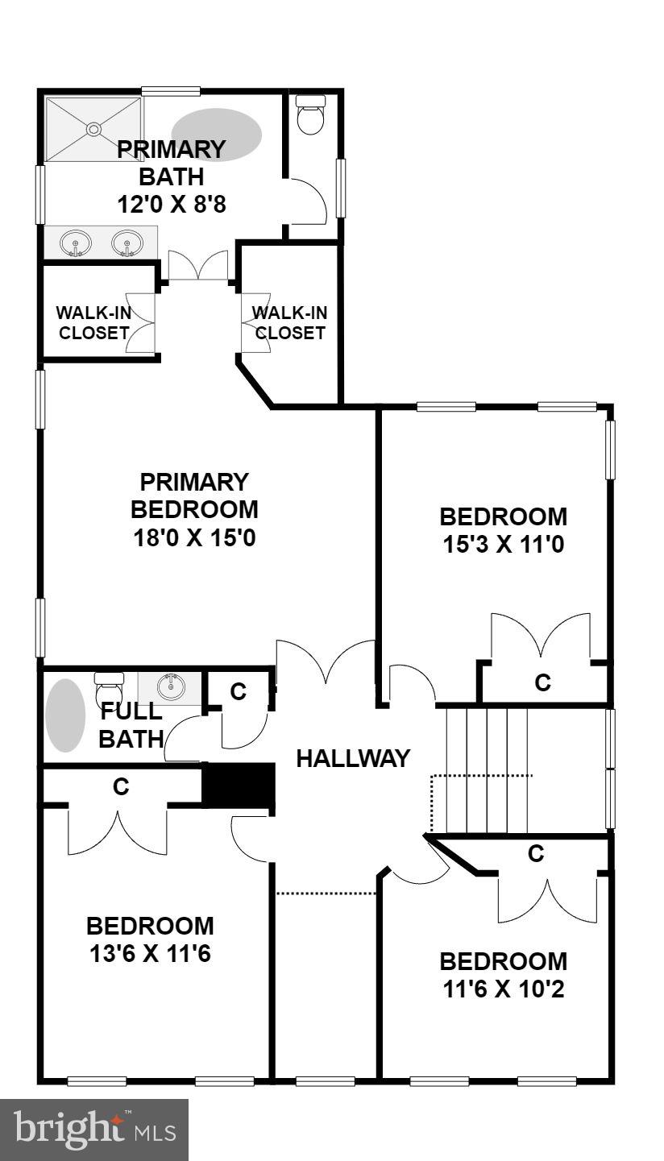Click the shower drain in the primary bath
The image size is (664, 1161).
93,128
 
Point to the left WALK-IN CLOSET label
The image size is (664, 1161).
92,322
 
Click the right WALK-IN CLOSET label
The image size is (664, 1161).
290,322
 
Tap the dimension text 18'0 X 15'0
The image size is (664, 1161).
194,537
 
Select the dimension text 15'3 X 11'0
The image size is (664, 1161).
503,545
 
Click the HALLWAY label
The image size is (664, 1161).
353,758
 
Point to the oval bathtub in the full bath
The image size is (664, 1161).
64,715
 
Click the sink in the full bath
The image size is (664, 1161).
170,687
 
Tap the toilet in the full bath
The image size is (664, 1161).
108,690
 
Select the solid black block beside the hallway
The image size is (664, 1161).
239,785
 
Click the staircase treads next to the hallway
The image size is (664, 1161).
487,769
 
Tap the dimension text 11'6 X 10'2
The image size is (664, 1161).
503,989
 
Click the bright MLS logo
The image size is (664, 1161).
93,1130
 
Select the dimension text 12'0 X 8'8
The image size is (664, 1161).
171,204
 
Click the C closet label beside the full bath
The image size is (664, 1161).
238,691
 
